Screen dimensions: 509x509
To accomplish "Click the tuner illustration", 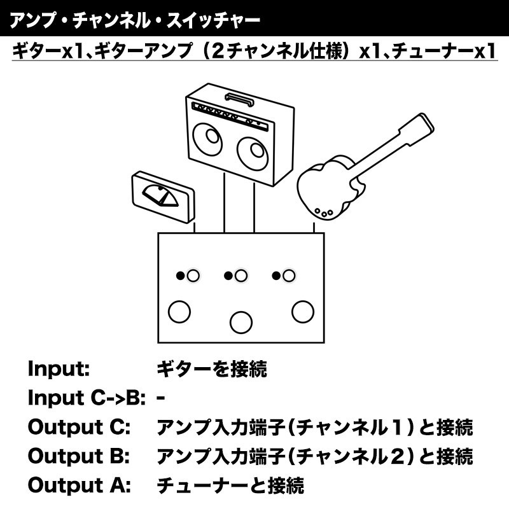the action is [163, 197].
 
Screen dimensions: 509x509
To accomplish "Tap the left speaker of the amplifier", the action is [208, 139].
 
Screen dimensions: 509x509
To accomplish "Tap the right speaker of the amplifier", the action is [253, 153].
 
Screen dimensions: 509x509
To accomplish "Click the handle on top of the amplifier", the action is [240, 99].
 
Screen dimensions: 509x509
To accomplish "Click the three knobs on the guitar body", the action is [324, 213].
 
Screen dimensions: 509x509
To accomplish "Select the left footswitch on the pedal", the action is [179, 312].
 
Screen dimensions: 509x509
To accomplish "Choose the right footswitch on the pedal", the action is [303, 312].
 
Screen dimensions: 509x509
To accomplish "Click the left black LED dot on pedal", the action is [180, 275].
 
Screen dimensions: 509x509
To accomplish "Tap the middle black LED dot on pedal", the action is [228, 275].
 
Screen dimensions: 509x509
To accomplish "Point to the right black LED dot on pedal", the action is [276, 275].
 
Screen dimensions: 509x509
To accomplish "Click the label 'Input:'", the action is [59, 369].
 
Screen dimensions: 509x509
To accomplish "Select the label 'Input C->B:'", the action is [87, 398].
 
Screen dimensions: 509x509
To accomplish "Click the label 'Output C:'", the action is [79, 426].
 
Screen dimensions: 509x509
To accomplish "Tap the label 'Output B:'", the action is [79, 456].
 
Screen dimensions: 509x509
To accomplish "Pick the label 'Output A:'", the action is [79, 485].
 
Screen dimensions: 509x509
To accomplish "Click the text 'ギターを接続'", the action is [212, 369].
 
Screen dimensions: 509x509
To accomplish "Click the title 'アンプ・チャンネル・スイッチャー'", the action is [135, 20].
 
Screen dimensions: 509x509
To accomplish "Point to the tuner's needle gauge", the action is [160, 196].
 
